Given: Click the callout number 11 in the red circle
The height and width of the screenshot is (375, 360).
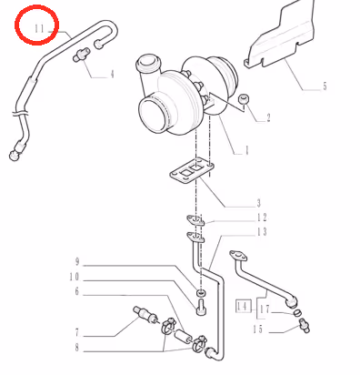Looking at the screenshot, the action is pyautogui.click(x=39, y=29).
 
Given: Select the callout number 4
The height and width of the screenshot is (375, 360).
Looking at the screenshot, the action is pyautogui.click(x=112, y=74).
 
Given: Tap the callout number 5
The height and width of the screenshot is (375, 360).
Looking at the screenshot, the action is pyautogui.click(x=325, y=86).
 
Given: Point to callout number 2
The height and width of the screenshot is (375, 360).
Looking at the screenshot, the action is pyautogui.click(x=268, y=117).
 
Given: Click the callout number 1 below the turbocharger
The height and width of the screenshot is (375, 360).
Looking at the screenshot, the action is pyautogui.click(x=246, y=150).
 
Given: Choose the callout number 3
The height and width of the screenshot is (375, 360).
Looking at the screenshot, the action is pyautogui.click(x=258, y=203).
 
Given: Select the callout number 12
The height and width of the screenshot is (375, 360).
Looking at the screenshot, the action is pyautogui.click(x=262, y=218).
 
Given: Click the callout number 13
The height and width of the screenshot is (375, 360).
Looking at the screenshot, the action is pyautogui.click(x=262, y=232).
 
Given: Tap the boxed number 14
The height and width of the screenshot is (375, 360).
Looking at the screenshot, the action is pyautogui.click(x=244, y=307).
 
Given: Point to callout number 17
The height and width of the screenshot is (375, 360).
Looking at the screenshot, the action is pyautogui.click(x=265, y=309).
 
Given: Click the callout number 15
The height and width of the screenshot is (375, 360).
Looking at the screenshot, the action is pyautogui.click(x=258, y=329).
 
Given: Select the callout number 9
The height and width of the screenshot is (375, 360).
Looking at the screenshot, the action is pyautogui.click(x=77, y=261).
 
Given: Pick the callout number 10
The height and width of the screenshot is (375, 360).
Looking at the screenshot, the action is pyautogui.click(x=75, y=277).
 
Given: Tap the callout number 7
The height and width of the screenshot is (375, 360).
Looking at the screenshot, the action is pyautogui.click(x=77, y=333).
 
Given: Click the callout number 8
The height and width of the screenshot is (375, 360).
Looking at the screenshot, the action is pyautogui.click(x=77, y=348).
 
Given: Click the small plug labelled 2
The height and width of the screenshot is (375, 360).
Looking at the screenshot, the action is pyautogui.click(x=244, y=98).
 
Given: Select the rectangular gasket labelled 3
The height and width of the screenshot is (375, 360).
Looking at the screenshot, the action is pyautogui.click(x=192, y=170).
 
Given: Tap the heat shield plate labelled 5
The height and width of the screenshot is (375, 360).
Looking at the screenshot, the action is pyautogui.click(x=281, y=35).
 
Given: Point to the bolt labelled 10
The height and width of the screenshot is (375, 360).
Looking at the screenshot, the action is pyautogui.click(x=200, y=307).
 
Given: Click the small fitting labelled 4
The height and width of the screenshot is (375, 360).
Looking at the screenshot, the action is pyautogui.click(x=81, y=55).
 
